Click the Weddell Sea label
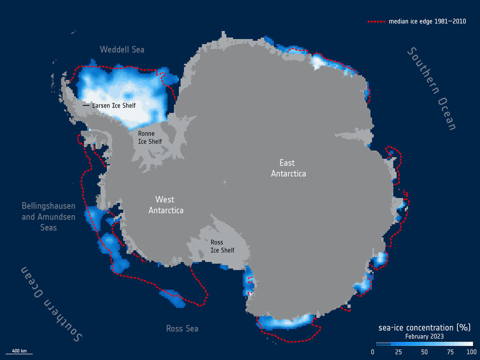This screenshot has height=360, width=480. coord(122,49)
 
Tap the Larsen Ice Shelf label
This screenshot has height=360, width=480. coord(114,105)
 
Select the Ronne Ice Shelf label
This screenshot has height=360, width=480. coord(150,137)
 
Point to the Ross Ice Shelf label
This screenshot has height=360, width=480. coord(222,246)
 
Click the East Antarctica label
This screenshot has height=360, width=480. coord(288,168)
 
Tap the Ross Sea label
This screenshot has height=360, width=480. coord(182,328)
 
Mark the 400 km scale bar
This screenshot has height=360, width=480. coord(19,353)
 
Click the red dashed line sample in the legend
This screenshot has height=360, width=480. coord(376,22)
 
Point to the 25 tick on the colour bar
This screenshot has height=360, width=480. coord(398,352)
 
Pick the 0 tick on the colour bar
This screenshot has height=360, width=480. coord(373,352)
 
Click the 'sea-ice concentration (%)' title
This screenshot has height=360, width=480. coord(424,327)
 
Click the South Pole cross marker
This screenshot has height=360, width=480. coord(224,182)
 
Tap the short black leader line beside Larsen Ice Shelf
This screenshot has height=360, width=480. coord(86,105)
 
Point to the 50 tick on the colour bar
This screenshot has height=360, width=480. coord(423,352)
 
